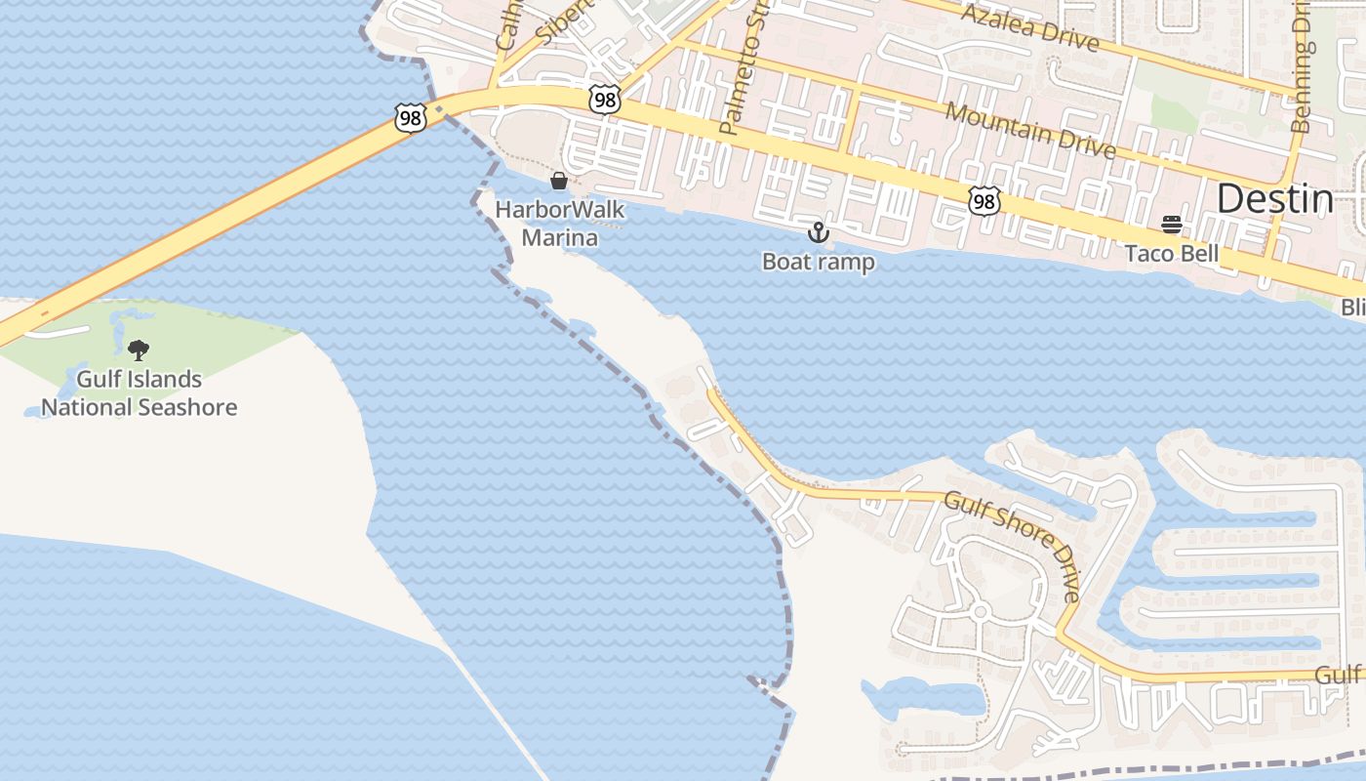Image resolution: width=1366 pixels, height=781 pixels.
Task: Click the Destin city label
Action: [x=1274, y=199]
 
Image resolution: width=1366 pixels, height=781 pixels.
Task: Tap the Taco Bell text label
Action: [x=1171, y=254]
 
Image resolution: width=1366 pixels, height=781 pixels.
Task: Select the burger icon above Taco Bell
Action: [x=1172, y=226]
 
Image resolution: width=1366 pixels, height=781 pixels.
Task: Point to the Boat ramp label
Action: [x=818, y=262]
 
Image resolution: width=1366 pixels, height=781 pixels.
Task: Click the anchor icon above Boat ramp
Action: [x=818, y=232]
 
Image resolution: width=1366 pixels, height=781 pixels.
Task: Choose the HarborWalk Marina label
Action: [x=559, y=223]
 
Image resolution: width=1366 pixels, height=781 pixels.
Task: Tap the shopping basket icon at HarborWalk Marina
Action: [x=559, y=181]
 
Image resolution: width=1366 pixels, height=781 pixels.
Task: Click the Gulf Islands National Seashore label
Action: [x=139, y=393]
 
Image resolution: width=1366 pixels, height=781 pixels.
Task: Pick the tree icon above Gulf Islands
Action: [x=139, y=349]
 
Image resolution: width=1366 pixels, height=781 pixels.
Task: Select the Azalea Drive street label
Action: [x=1029, y=27]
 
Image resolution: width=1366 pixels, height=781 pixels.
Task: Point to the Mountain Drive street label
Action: [x=1029, y=129]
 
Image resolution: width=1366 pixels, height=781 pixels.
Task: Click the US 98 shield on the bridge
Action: [x=411, y=117]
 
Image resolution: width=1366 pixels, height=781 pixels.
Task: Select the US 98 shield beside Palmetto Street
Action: [x=605, y=99]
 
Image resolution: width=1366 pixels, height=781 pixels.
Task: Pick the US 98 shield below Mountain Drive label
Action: [x=984, y=201]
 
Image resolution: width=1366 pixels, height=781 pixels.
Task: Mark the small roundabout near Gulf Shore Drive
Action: [x=980, y=612]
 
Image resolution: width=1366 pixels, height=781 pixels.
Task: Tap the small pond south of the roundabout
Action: [x=922, y=697]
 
